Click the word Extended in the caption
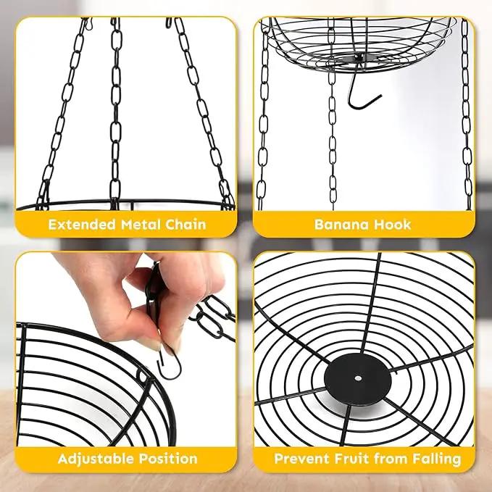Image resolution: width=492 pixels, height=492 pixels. click(82, 225)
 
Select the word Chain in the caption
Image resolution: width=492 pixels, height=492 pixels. click(185, 225)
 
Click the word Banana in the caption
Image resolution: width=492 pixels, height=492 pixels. click(341, 225)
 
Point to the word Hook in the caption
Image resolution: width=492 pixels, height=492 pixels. click(393, 225)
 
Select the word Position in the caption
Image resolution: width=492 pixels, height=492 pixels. click(168, 459)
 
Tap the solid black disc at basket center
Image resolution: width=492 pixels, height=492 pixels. click(358, 380)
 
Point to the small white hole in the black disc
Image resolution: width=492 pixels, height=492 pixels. click(358, 378)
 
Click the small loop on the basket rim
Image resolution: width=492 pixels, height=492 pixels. click(142, 375)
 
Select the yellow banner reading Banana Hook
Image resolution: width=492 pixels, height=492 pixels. click(364, 224)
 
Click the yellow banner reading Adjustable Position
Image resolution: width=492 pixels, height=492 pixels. click(126, 459)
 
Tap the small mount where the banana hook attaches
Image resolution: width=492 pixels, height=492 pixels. click(359, 58)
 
